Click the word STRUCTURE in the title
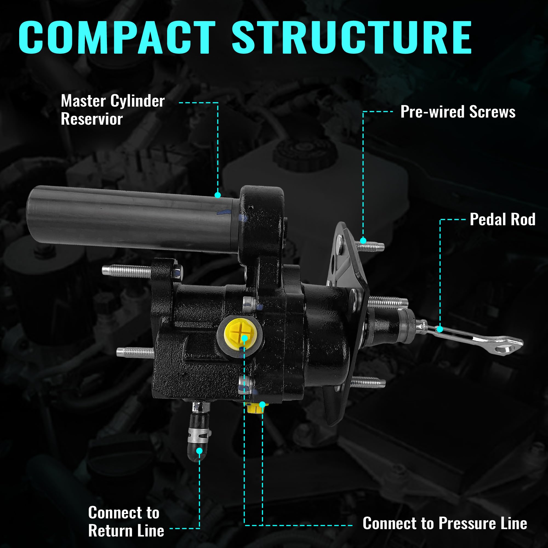(x=352, y=38)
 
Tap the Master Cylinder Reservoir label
(x=112, y=110)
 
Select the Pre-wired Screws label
(x=458, y=112)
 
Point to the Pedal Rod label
(x=502, y=219)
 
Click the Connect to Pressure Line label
(x=444, y=523)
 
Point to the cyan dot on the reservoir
(x=218, y=195)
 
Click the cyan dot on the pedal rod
(x=440, y=329)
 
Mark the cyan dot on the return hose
(x=199, y=451)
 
